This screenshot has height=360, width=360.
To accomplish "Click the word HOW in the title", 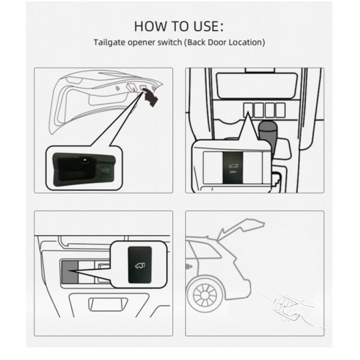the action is pyautogui.click(x=150, y=26).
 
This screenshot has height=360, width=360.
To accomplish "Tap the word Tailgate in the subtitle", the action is pyautogui.click(x=109, y=43).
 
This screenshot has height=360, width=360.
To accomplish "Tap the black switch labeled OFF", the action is pyautogui.click(x=233, y=167).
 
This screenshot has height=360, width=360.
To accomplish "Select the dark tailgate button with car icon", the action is pyautogui.click(x=140, y=265).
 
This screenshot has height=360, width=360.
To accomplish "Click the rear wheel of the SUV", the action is pyautogui.click(x=205, y=295).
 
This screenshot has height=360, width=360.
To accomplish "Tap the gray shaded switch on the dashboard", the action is pyautogui.click(x=70, y=272).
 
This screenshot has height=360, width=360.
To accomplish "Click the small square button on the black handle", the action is pyautogui.click(x=105, y=171).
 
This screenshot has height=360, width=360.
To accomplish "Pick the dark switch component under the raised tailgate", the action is pyautogui.click(x=151, y=97).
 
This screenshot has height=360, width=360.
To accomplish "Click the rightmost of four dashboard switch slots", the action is pyautogui.click(x=280, y=110).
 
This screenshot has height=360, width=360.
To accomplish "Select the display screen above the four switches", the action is pyautogui.click(x=256, y=85).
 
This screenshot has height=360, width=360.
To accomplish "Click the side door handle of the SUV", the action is pyautogui.click(x=189, y=267).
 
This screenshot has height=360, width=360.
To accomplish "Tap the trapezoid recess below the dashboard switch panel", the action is pyautogui.click(x=108, y=304).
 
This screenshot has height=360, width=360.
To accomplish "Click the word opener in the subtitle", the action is pyautogui.click(x=141, y=43).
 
